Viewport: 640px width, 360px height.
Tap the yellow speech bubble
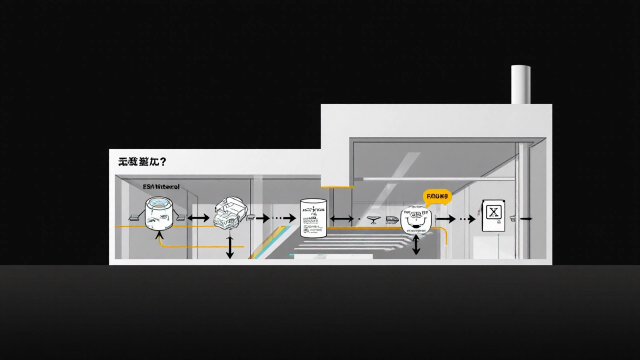(437, 196)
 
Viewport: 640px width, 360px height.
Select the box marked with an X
(493, 215)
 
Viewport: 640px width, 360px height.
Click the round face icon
(415, 220)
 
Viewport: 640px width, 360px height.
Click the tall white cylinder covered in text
(313, 218)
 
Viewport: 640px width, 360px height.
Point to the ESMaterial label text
(161, 186)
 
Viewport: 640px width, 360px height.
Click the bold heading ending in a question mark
(142, 162)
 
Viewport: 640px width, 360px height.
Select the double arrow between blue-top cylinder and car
(198, 218)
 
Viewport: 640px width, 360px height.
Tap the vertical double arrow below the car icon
(230, 247)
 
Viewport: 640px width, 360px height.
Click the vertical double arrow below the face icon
(416, 245)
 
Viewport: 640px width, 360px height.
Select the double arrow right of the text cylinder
(341, 218)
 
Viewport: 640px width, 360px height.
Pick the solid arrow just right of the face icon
(446, 218)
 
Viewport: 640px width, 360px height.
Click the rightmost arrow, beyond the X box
(525, 218)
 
